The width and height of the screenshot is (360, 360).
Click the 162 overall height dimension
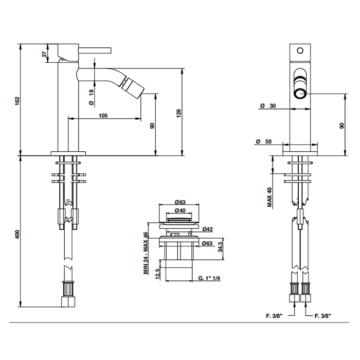point(17,101)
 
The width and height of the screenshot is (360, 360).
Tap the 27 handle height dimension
point(45,53)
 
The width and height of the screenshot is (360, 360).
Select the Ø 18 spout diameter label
point(92,98)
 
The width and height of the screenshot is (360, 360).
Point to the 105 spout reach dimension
point(103,115)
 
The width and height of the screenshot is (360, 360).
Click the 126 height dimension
point(178,113)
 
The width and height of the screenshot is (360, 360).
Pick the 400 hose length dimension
point(17,234)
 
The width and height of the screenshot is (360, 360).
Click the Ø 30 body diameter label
point(268,105)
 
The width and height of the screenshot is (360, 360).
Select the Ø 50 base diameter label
point(264,141)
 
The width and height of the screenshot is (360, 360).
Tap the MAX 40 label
point(270,197)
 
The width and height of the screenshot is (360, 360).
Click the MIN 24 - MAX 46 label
point(146,253)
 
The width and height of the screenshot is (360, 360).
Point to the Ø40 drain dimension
point(180,210)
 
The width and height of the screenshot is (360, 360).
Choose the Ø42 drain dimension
point(208,229)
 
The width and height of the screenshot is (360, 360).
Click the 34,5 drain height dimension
point(221,247)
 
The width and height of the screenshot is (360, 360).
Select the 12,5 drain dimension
point(158,274)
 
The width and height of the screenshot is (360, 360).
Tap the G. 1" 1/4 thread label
point(209,278)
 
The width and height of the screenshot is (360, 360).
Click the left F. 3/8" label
point(274,316)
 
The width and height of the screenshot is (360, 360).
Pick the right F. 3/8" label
point(323,316)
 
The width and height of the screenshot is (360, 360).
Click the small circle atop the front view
point(300,50)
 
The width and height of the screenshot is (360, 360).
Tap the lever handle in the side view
point(95,50)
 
